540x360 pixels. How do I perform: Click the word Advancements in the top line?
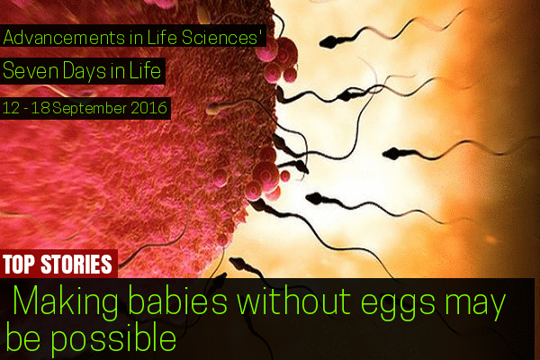(x=65, y=38)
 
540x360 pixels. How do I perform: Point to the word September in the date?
(x=90, y=109)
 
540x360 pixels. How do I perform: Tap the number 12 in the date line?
(x=11, y=109)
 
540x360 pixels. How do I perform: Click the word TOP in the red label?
(x=19, y=265)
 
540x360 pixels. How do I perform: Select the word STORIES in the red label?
(x=76, y=265)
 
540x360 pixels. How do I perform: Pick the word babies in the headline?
(x=177, y=300)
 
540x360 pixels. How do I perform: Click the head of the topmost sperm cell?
(x=329, y=42)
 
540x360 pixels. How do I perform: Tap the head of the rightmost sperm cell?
(x=393, y=154)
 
